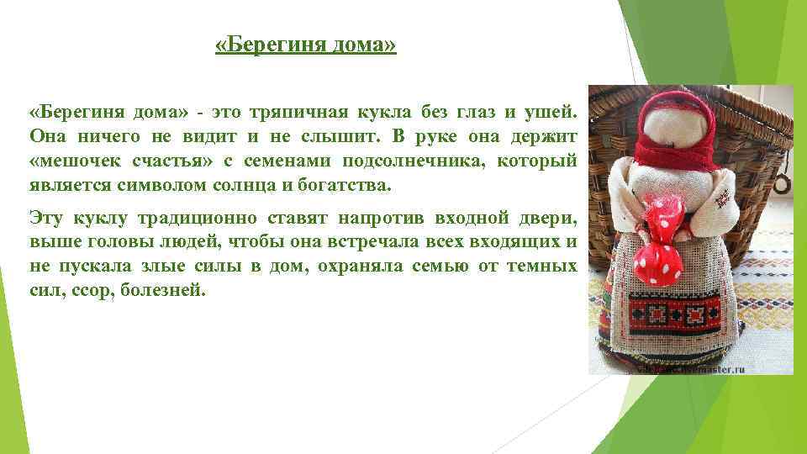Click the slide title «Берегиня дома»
305,44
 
